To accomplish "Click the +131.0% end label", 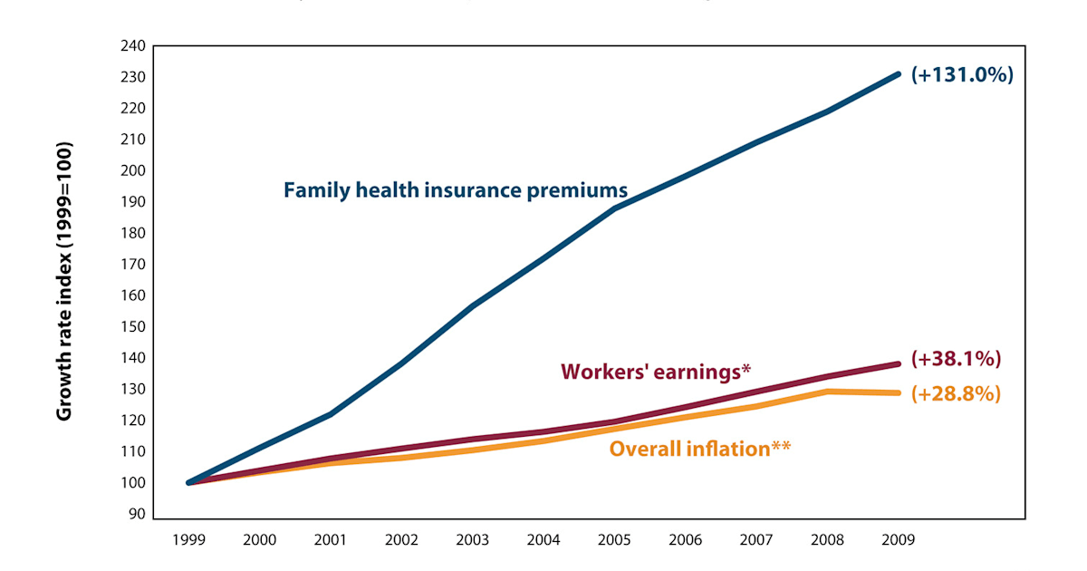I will [961, 75].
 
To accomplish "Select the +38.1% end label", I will [956, 359].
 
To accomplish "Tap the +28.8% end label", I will [956, 394].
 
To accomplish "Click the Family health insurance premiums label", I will [455, 190].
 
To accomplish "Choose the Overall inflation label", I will [700, 448].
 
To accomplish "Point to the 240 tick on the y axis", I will [134, 45].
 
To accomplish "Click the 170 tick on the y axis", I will [134, 264].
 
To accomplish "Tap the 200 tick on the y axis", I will [134, 170].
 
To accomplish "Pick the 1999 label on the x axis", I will [188, 539].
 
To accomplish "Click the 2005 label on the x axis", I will [614, 539].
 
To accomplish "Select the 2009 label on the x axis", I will [898, 539].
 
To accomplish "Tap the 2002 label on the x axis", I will [401, 539].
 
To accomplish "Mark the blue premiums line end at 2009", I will [898, 74].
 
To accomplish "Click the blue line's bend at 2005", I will [615, 208].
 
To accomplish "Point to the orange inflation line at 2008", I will [827, 392].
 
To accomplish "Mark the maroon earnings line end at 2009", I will [898, 363].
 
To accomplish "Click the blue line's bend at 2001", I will [331, 414].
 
